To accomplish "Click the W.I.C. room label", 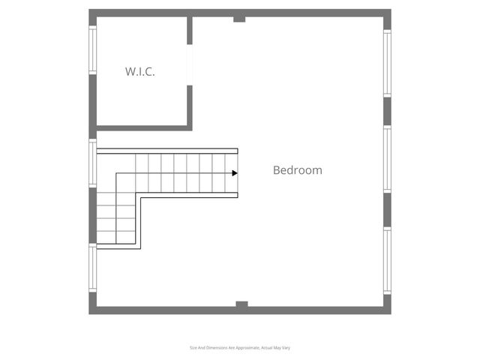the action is [x=140, y=72].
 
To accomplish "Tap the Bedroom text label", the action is [x=298, y=170].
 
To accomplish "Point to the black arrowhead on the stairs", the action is [x=235, y=173].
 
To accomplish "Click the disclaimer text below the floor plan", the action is [x=240, y=348].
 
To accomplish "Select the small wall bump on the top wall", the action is [x=239, y=19].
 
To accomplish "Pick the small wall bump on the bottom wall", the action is [x=241, y=304].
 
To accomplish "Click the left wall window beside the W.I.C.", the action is [x=93, y=50].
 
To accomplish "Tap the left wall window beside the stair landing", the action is [x=93, y=163].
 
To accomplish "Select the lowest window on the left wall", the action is [x=93, y=268].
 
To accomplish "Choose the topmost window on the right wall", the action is [x=387, y=63].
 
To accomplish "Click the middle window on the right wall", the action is [x=387, y=159].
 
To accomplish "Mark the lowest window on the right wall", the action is [x=387, y=260].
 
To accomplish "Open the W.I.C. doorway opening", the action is [x=190, y=65].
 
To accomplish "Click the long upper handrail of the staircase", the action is [x=167, y=151].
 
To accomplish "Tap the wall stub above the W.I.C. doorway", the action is [x=190, y=30].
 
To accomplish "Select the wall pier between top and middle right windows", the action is [x=387, y=112].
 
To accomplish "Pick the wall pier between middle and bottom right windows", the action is [x=387, y=210].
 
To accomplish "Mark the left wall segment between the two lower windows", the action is [x=93, y=215].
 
